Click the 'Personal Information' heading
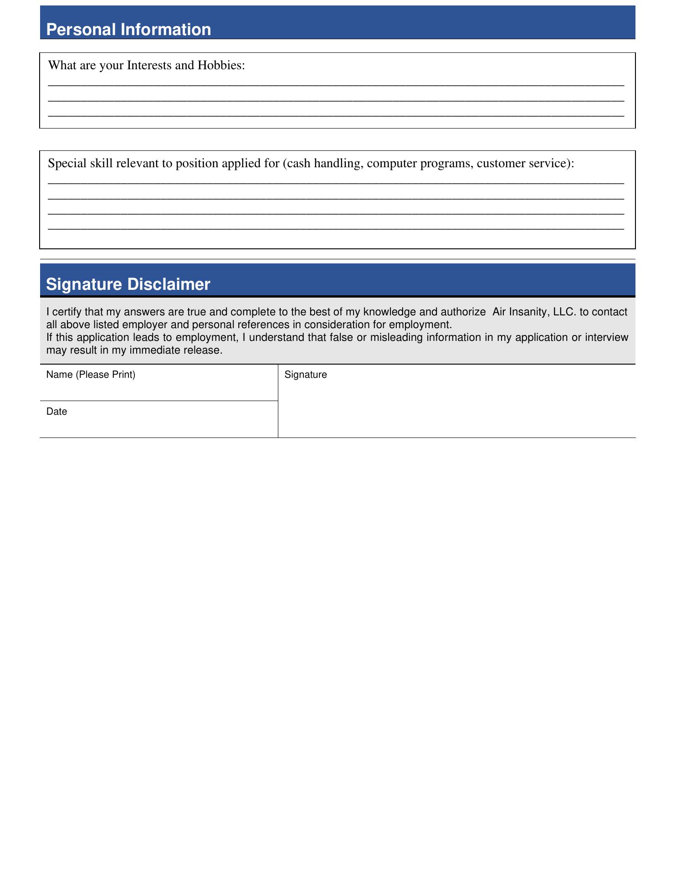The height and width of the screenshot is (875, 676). [x=128, y=30]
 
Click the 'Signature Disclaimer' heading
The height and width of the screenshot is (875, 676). [x=128, y=284]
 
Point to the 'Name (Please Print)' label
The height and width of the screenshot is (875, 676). [x=91, y=375]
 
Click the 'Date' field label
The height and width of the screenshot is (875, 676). [x=56, y=412]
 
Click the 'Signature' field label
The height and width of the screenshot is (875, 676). [x=305, y=375]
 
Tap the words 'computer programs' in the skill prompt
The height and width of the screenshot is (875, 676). [x=418, y=164]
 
